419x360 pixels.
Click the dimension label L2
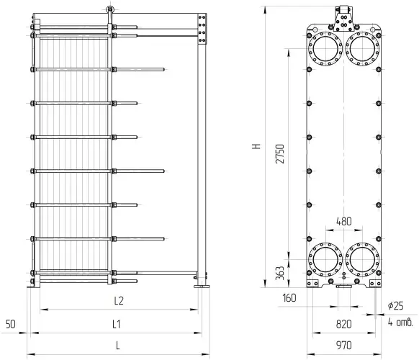tap(119, 301)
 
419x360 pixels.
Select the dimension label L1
tap(116, 325)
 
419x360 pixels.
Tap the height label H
tap(256, 146)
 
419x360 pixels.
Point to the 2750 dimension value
tap(280, 154)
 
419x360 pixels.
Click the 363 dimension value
tap(280, 273)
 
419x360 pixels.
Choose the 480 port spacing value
tap(344, 221)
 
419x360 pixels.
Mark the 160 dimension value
tap(289, 298)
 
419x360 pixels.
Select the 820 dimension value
tap(344, 324)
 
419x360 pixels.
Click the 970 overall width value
tap(344, 346)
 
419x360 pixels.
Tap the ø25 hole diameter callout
tap(396, 306)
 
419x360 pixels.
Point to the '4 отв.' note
tap(400, 323)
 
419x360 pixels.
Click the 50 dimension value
tap(11, 325)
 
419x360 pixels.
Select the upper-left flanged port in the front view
tap(325, 49)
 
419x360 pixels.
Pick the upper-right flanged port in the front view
tap(362, 49)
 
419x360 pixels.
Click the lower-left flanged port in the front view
tap(325, 260)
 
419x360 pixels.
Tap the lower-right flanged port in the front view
tap(362, 260)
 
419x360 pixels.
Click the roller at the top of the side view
tap(109, 9)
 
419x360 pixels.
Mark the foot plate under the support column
tap(202, 287)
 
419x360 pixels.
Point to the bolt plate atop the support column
tap(202, 30)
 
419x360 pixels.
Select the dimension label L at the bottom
tap(118, 346)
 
